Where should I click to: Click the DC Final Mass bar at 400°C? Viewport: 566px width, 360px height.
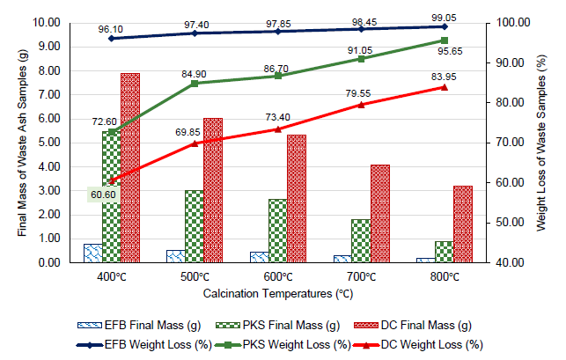(x=130, y=167)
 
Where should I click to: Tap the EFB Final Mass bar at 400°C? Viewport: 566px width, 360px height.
(x=92, y=253)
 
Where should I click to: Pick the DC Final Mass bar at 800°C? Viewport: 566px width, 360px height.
(x=463, y=224)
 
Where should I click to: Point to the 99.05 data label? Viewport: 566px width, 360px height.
(x=445, y=16)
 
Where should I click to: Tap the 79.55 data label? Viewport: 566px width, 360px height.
(x=360, y=92)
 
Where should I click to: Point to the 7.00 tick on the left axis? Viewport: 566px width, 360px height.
(x=51, y=94)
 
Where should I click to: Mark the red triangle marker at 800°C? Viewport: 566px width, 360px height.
(x=444, y=87)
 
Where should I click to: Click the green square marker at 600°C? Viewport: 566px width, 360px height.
(x=277, y=76)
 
